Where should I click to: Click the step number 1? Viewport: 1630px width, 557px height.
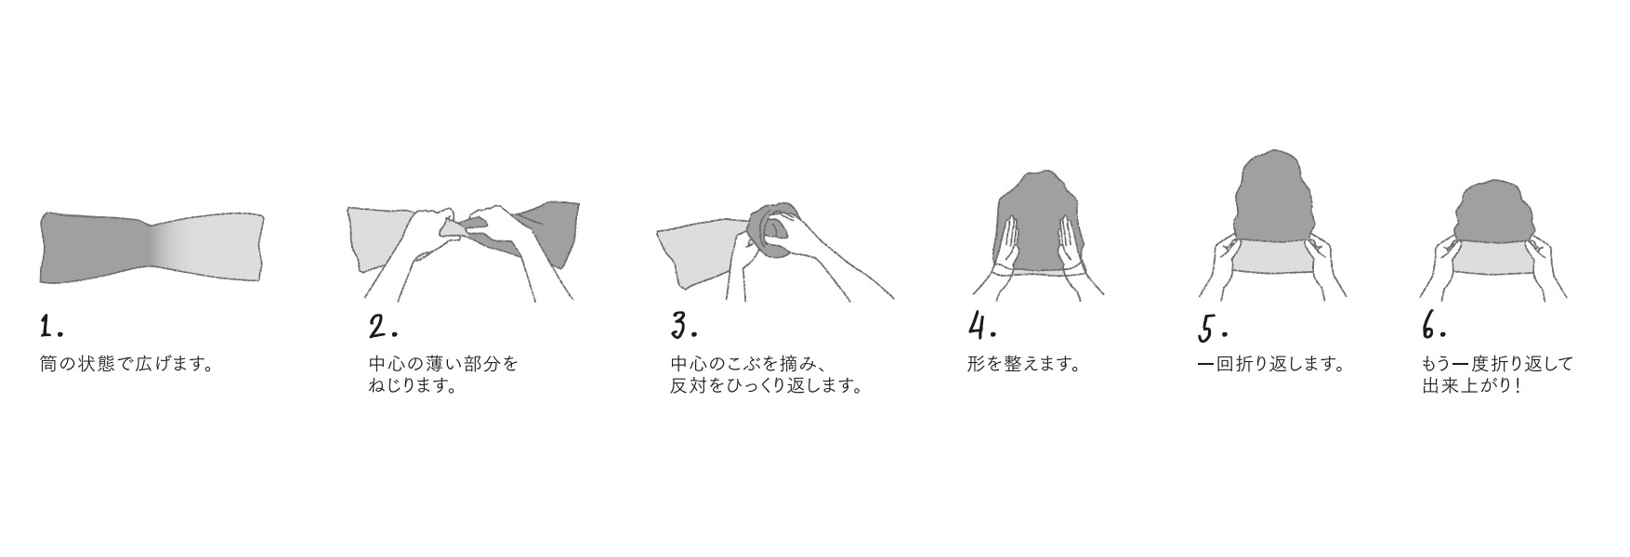point(51,327)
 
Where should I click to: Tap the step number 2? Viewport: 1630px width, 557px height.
point(383,327)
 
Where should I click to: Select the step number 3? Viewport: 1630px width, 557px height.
point(684,326)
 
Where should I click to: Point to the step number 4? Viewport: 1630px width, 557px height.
point(982,327)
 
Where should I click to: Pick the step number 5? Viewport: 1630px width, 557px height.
point(1214,329)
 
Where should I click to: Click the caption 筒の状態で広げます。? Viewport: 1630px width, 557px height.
point(127,364)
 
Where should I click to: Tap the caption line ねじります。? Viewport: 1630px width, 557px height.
point(413,385)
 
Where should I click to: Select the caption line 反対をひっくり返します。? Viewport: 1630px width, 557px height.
point(767,385)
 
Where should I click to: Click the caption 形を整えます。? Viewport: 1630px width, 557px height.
point(1024,364)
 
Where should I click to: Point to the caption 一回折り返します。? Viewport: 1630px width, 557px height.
point(1272,364)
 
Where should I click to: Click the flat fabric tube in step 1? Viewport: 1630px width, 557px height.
point(151,247)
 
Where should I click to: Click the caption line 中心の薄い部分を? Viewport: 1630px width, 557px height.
point(443,364)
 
